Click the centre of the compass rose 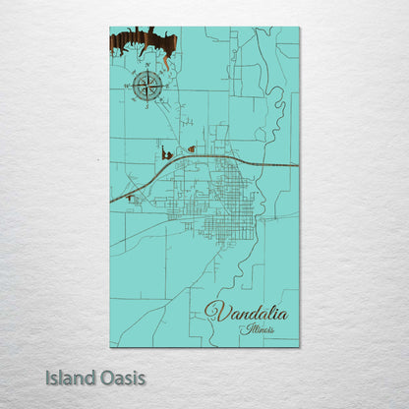(x=147, y=86)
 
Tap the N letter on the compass (x=147, y=70)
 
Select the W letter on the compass (x=132, y=87)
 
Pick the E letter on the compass (x=164, y=86)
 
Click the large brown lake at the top (x=144, y=42)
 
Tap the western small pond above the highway (x=166, y=154)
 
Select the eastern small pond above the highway (x=191, y=149)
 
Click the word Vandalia (x=247, y=313)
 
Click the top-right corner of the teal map (x=299, y=28)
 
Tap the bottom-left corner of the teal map (x=110, y=347)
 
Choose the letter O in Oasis (x=107, y=377)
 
